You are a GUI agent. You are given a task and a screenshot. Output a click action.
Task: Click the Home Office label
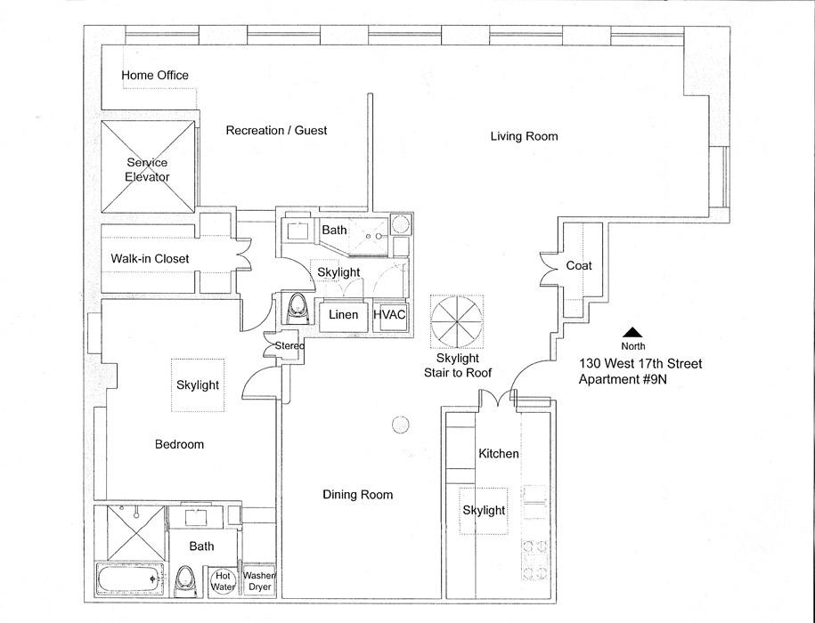[155, 76]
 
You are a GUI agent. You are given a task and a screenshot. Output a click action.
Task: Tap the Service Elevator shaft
[148, 167]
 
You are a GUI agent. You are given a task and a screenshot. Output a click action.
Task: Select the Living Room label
[524, 136]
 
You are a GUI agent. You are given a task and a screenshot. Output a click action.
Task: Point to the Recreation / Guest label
[276, 131]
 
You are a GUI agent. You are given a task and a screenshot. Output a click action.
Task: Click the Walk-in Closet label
[150, 259]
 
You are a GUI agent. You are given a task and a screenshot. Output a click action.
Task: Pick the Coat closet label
[579, 266]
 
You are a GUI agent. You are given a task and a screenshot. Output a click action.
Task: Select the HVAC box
[389, 315]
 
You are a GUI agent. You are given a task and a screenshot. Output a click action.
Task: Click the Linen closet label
[344, 315]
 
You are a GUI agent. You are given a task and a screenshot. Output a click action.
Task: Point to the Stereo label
[289, 345]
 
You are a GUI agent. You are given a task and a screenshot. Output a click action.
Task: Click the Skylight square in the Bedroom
[198, 386]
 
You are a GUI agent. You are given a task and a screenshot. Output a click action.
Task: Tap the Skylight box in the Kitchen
[484, 510]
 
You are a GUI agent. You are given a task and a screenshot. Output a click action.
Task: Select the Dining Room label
[357, 495]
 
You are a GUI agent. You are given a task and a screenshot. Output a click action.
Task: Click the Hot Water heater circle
[223, 581]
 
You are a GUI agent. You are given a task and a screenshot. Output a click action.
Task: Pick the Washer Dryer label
[258, 581]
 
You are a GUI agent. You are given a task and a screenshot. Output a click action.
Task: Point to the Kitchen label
[499, 454]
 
